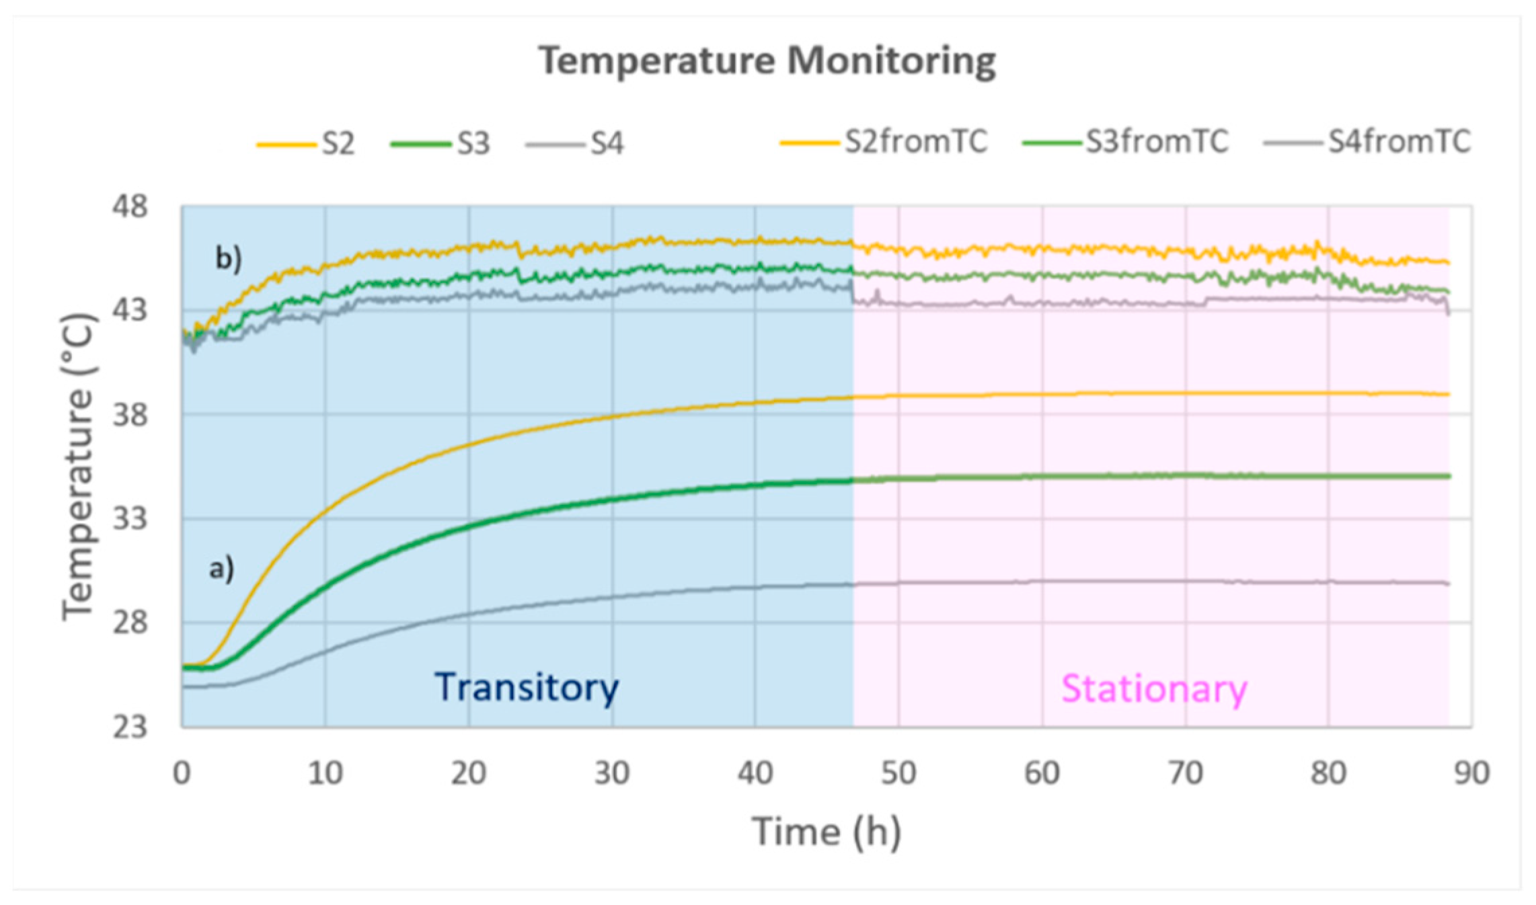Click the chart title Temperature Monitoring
pyautogui.click(x=767, y=61)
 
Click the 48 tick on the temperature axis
pyautogui.click(x=129, y=206)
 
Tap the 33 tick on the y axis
pyautogui.click(x=129, y=519)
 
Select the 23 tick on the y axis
pyautogui.click(x=129, y=727)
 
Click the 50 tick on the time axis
pyautogui.click(x=898, y=774)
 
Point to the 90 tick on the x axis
pyautogui.click(x=1471, y=774)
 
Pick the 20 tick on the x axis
pyautogui.click(x=469, y=774)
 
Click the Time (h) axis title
pyautogui.click(x=827, y=832)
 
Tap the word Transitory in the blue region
pyautogui.click(x=527, y=688)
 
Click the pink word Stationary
pyautogui.click(x=1154, y=689)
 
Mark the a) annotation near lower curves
pyautogui.click(x=221, y=569)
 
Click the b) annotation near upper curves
pyautogui.click(x=228, y=258)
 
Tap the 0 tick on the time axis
pyautogui.click(x=182, y=774)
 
